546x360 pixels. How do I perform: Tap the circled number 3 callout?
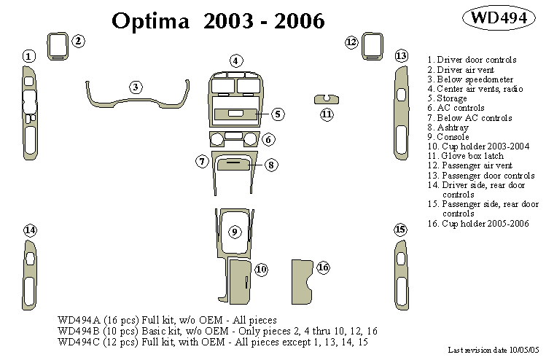click(136, 87)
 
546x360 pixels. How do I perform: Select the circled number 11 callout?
click(327, 114)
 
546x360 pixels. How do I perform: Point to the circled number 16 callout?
click(323, 267)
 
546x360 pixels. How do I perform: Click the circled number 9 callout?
click(235, 232)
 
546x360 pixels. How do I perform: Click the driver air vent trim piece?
click(57, 46)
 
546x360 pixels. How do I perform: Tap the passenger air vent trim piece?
click(373, 47)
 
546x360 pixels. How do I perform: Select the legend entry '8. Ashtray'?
click(453, 128)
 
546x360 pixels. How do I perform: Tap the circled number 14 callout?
click(30, 230)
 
